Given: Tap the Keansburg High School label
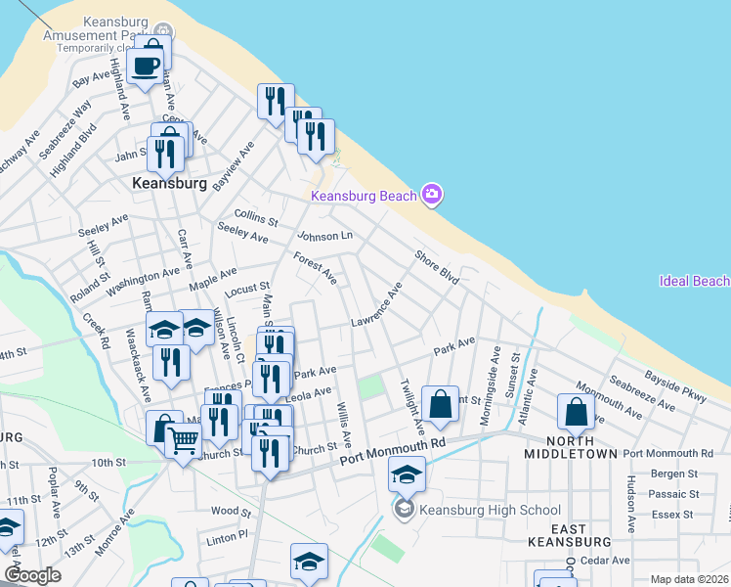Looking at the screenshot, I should [490, 510].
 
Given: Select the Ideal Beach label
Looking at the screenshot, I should [694, 282].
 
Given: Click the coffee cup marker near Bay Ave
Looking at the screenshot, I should [147, 67].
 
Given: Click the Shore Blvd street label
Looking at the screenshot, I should [437, 266].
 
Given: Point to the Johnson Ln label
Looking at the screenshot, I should [324, 236].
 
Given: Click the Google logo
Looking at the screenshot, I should [32, 575].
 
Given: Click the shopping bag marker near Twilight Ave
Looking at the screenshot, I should [441, 404].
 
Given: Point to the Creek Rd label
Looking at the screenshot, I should [94, 331].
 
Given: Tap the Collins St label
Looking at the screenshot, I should [256, 218].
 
